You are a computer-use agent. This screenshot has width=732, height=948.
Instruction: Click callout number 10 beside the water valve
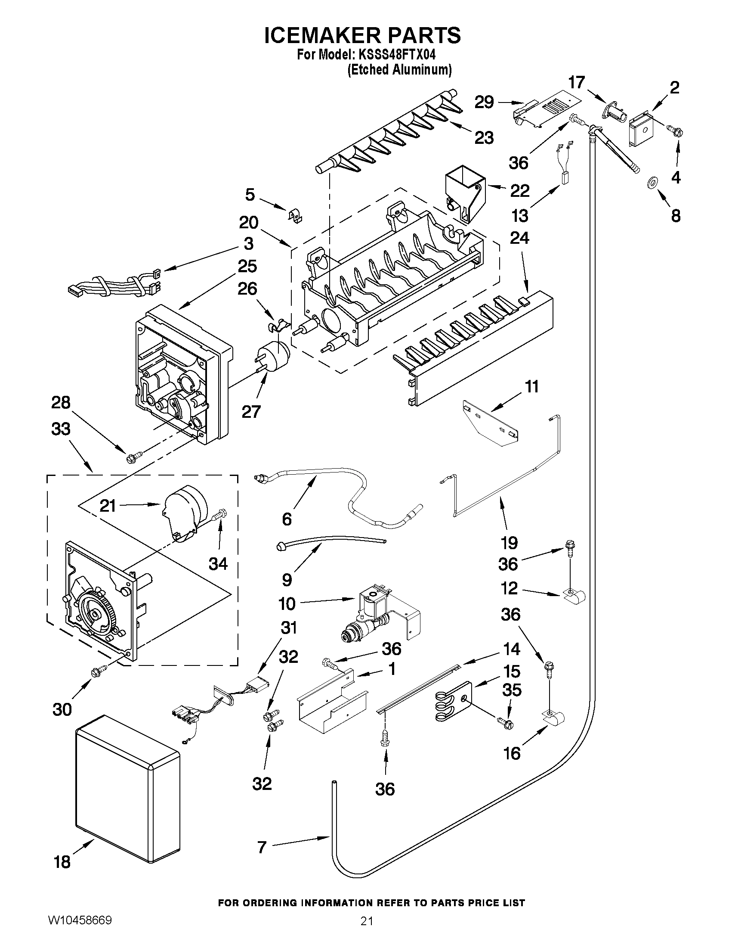point(287,603)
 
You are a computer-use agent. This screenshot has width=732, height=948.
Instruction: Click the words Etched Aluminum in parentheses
point(399,70)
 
